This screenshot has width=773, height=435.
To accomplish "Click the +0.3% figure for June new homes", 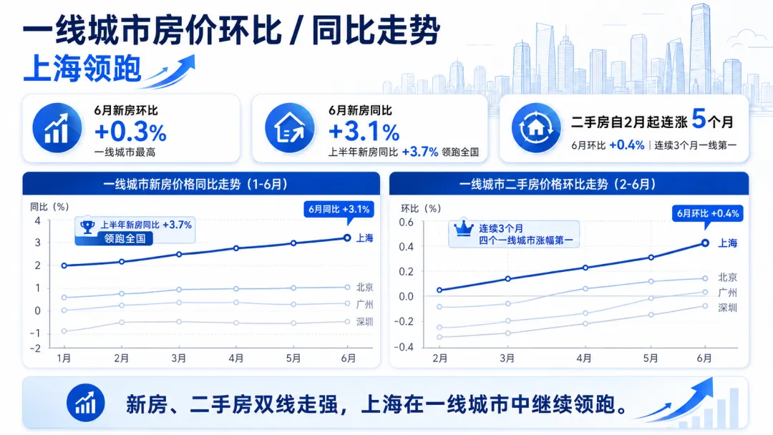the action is click(x=131, y=132).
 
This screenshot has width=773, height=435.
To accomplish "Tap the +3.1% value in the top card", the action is click(x=364, y=132).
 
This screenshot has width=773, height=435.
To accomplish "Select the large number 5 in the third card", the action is click(x=699, y=119).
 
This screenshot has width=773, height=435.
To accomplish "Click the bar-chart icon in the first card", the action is click(x=57, y=128).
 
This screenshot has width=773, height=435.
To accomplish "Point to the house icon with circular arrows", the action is click(x=536, y=128).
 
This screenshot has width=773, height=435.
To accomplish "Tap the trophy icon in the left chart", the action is click(x=87, y=227).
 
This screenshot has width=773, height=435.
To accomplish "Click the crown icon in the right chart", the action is click(x=463, y=228).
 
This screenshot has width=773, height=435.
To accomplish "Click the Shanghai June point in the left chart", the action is click(x=347, y=238).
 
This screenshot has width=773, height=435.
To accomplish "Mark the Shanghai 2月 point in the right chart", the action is click(x=439, y=290).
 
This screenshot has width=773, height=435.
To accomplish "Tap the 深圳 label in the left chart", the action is click(x=365, y=322).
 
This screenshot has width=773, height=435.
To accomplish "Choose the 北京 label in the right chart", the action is click(x=728, y=278).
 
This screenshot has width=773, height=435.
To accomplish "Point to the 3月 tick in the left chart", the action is click(x=178, y=358).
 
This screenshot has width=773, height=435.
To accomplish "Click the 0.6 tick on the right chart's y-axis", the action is click(x=407, y=223).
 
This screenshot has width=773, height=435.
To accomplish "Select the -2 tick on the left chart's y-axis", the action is click(x=35, y=348).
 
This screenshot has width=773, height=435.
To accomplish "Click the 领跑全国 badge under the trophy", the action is click(x=125, y=239).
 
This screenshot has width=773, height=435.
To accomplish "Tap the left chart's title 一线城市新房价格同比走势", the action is click(x=172, y=185).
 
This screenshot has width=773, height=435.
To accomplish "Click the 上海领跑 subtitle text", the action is click(x=82, y=69).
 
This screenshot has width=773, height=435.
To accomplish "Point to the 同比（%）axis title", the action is click(x=50, y=207).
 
